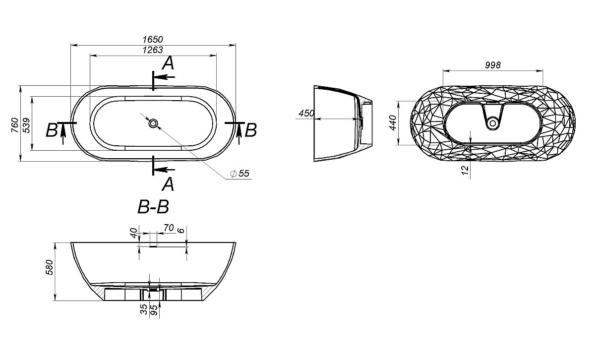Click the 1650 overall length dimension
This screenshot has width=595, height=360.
(x=153, y=40)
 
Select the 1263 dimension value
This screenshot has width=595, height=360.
(x=153, y=50)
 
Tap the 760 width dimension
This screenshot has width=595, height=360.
(x=15, y=125)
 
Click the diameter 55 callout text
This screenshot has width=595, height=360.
(x=240, y=174)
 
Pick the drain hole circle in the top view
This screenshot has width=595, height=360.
(x=153, y=123)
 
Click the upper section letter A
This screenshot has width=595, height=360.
(x=168, y=63)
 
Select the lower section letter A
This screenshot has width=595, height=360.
(x=168, y=184)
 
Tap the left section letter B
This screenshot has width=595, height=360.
(x=52, y=130)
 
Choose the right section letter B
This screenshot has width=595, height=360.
(x=251, y=130)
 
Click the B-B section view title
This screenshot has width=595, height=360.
(x=153, y=207)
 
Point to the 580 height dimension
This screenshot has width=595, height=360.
(x=50, y=267)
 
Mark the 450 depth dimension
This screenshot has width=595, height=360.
(x=306, y=114)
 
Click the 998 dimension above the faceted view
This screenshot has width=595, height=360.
(x=493, y=65)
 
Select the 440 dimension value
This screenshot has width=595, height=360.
(x=393, y=123)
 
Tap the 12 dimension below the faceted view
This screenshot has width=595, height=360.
(x=465, y=170)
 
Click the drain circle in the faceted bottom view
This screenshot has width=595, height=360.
(x=493, y=123)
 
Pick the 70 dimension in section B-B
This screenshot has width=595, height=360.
(x=169, y=228)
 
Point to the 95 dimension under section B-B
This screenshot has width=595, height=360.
(x=154, y=310)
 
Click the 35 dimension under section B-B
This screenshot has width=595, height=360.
(x=144, y=309)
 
